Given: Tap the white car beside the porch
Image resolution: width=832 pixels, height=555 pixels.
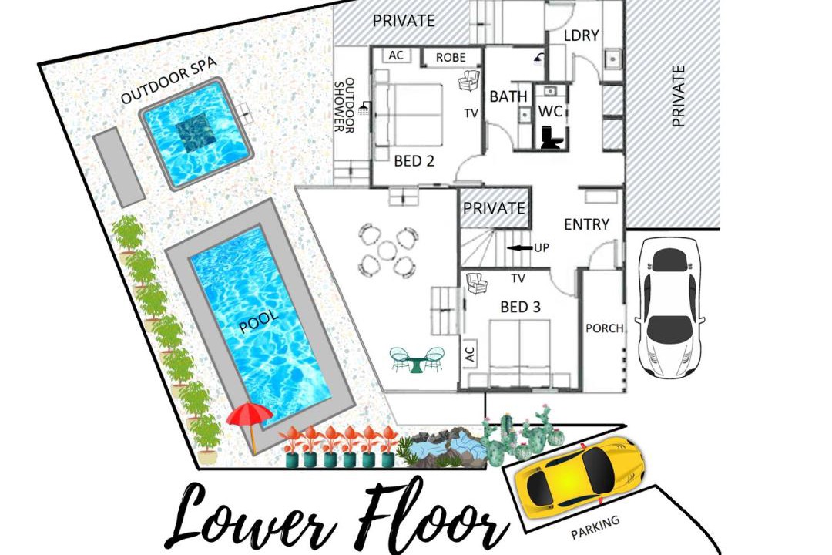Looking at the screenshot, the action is [x=670, y=308].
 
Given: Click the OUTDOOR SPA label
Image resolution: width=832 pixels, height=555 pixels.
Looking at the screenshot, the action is [x=169, y=80].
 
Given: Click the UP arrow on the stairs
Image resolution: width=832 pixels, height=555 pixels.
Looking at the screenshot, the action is [x=519, y=247].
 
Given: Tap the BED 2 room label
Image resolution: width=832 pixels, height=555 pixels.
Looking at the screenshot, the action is [x=414, y=160].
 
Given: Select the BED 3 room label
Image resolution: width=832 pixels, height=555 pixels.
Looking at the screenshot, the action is [x=521, y=307].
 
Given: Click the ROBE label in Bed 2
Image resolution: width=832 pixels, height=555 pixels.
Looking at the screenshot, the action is [x=451, y=57].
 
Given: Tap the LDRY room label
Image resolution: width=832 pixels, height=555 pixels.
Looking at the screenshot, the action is [x=581, y=35].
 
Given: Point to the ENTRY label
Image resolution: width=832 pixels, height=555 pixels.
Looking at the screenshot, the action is [x=586, y=224].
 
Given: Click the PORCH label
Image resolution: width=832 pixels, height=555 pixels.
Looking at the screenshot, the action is [x=604, y=328].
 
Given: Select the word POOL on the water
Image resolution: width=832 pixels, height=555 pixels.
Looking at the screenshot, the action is [x=259, y=322].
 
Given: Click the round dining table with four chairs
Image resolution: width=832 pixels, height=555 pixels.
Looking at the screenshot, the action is [x=386, y=251].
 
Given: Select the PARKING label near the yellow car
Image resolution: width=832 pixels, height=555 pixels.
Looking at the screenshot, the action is [x=595, y=528].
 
